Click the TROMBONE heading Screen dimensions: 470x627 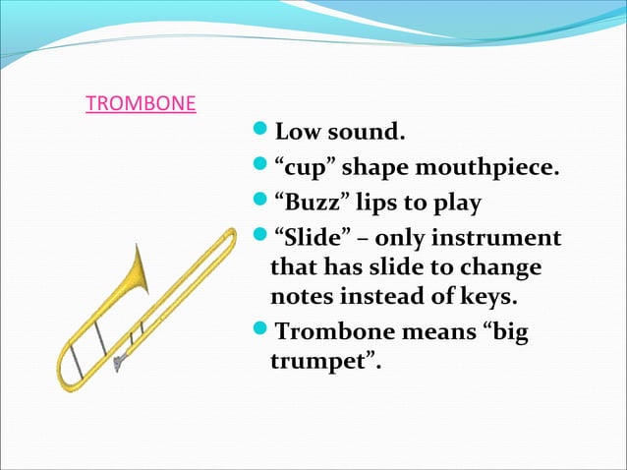pos(141,104)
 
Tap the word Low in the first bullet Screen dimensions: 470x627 pos(297,131)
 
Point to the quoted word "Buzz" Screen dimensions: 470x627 pos(308,204)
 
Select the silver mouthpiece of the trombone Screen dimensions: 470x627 pos(118,365)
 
